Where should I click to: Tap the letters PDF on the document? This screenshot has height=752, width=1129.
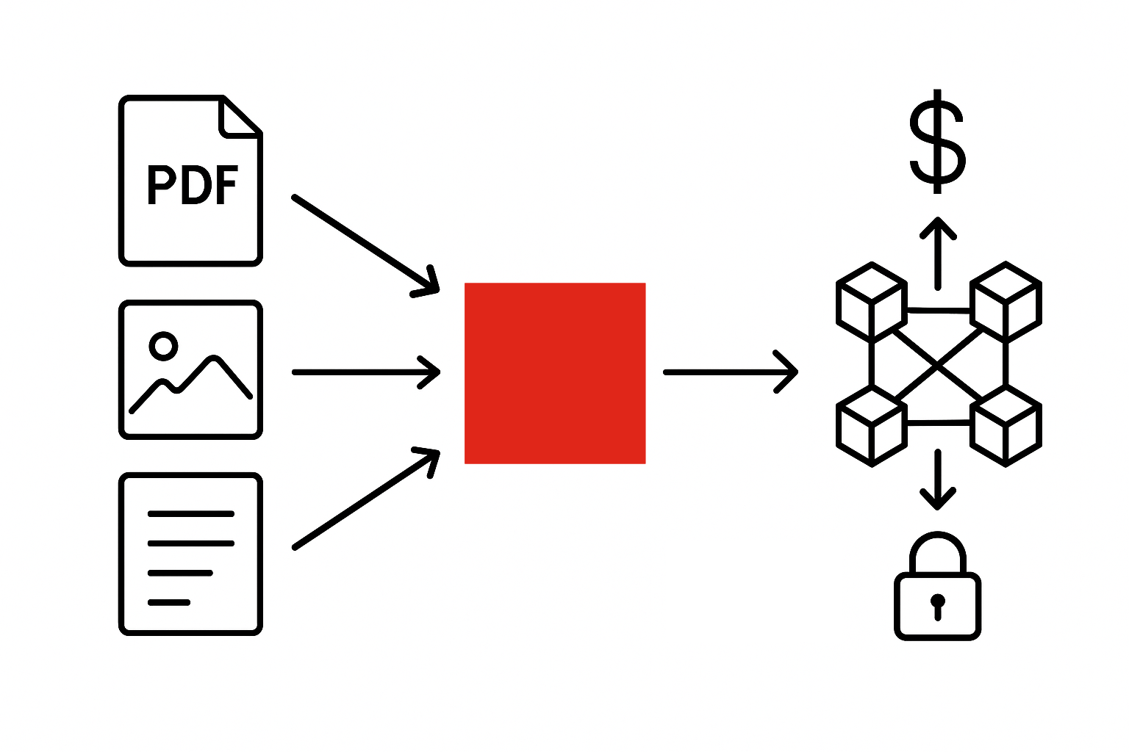pos(193,184)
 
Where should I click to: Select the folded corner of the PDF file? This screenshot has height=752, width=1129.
pos(240,117)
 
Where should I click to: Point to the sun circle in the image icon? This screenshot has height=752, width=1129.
pos(163,345)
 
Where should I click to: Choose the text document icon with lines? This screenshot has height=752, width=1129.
pos(190,554)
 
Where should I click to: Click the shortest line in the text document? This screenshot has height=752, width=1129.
pos(169,602)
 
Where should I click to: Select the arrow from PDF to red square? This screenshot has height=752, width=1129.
pos(364,245)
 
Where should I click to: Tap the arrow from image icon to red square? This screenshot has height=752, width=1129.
pos(365,372)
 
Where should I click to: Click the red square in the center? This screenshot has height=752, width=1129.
pos(555,373)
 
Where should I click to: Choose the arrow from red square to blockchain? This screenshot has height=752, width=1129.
pos(730,372)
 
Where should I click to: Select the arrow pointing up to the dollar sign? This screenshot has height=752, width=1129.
pos(937,253)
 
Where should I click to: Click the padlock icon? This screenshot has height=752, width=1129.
pos(937,591)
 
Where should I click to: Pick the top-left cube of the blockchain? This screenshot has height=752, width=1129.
pos(871,301)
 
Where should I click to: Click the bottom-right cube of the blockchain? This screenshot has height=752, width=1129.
pos(1006,427)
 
